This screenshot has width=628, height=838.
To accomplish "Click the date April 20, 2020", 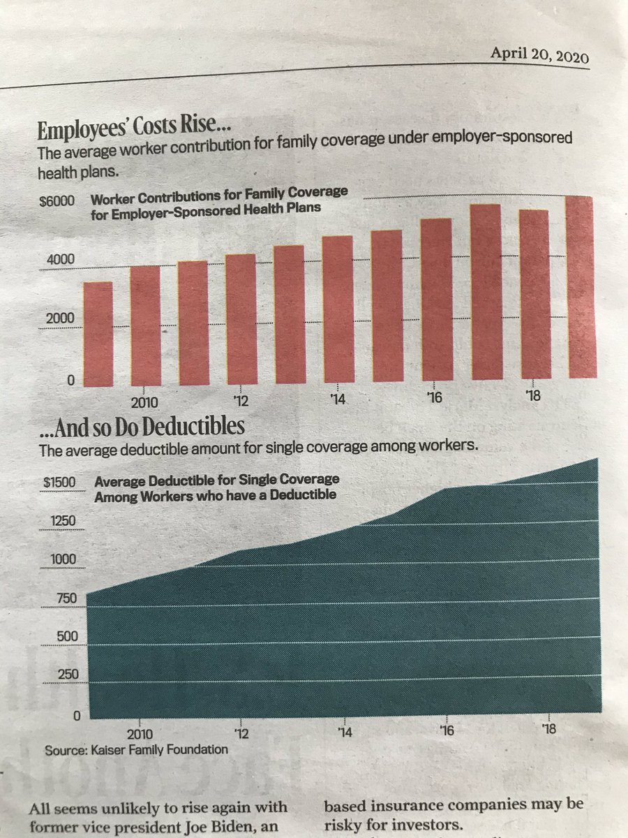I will pos(540,55).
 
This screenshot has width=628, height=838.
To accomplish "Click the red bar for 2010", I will pos(145,325).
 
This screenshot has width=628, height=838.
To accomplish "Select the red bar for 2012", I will pos(241,320).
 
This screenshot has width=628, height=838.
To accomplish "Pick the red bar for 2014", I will pos(337,310).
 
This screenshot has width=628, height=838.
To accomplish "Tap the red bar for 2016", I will pos(436,300).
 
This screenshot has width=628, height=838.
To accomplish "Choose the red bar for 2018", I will pos(534,295).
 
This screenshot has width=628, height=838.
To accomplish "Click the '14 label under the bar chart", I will pos(339,400).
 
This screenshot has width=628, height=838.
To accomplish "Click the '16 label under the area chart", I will pos(447,730).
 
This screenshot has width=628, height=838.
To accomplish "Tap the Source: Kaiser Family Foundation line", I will pos(136,750).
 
